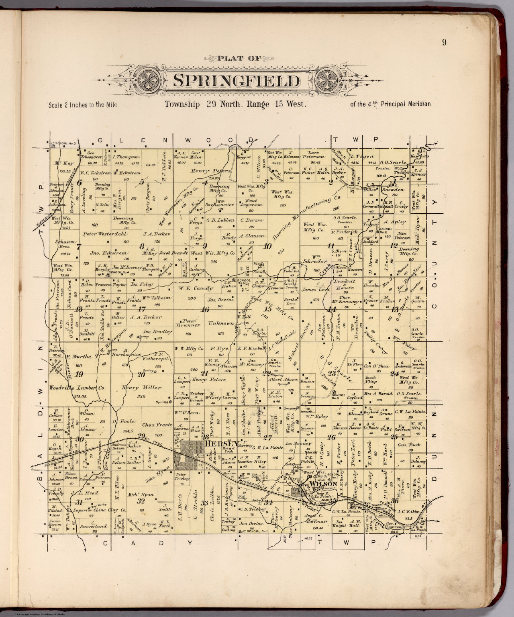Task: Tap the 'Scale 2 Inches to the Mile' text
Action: (84, 106)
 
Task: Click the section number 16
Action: (206, 309)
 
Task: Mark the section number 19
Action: (79, 374)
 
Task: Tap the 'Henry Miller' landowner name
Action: (143, 388)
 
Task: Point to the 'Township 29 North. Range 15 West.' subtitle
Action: (236, 105)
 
